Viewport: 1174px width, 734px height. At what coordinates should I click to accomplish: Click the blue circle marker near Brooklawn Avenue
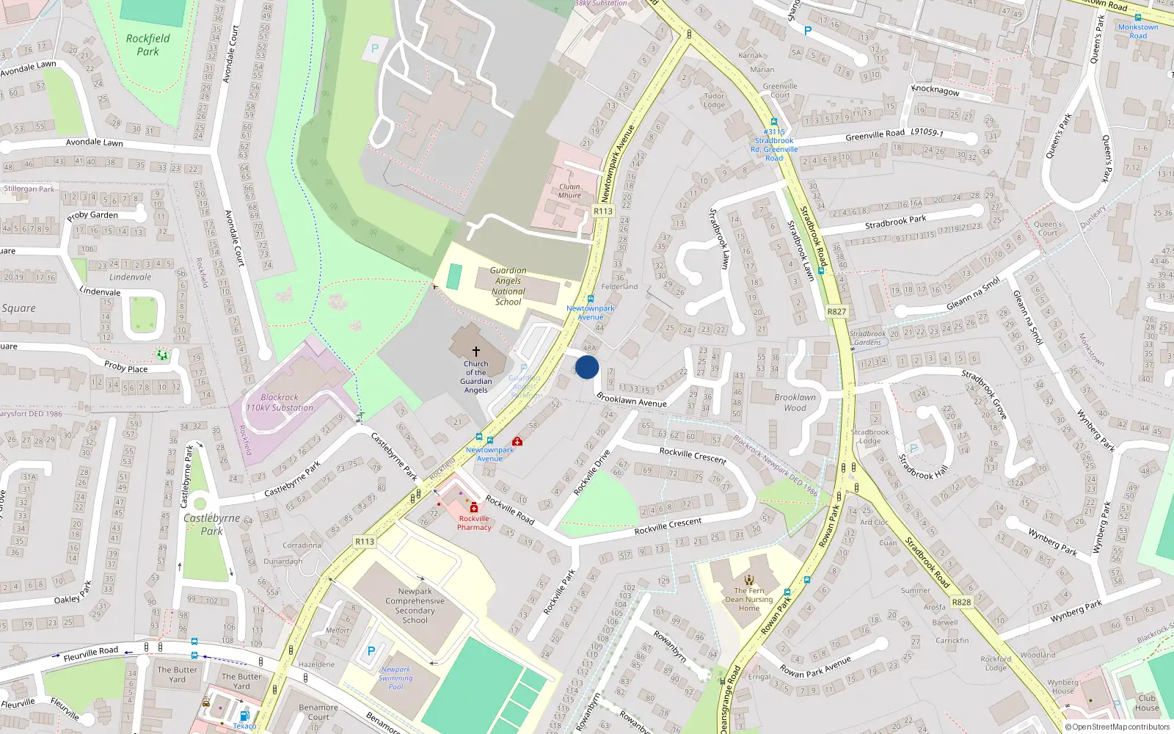587,366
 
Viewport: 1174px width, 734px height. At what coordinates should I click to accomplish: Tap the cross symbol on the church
475,352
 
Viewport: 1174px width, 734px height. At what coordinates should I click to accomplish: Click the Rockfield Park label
147,45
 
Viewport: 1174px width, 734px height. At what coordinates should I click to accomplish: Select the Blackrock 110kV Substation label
280,402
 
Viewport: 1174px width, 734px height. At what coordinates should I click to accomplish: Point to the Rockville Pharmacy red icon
474,507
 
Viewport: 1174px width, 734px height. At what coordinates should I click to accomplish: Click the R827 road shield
836,311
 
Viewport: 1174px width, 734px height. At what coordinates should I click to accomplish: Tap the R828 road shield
961,602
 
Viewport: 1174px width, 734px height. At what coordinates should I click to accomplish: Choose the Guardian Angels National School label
508,286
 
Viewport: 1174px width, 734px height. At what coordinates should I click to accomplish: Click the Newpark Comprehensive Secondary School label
415,606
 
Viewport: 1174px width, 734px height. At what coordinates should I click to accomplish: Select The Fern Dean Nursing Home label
749,599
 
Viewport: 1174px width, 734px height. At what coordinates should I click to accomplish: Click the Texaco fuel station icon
244,715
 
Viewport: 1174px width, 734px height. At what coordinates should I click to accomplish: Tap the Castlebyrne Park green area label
211,524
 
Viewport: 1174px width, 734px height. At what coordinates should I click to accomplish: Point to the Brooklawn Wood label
795,402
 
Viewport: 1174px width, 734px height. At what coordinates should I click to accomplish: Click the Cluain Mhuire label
569,191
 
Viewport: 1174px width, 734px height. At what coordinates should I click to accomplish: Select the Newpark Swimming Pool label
395,678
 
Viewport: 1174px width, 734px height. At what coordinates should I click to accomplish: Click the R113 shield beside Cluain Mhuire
602,211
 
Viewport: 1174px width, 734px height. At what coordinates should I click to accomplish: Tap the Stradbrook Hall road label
923,467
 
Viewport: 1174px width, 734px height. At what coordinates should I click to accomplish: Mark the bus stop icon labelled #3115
773,123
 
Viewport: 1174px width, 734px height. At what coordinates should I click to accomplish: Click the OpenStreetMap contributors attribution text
1118,727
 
